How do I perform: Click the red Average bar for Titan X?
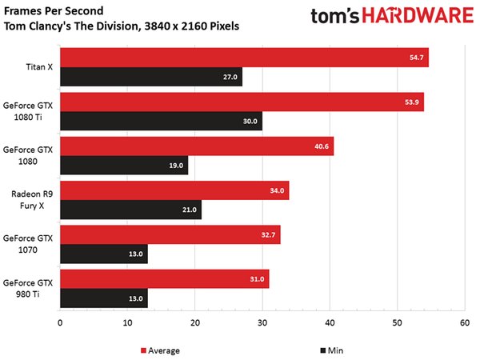[244, 58]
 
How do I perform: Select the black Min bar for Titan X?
[151, 78]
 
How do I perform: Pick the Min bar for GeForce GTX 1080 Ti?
[161, 122]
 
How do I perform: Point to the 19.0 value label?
[176, 166]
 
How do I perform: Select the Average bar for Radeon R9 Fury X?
[174, 190]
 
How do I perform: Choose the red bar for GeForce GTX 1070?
[170, 234]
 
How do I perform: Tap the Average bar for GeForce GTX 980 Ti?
[164, 278]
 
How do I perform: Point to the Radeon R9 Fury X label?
[32, 200]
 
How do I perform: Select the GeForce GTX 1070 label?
[27, 244]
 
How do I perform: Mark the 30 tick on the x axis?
[262, 324]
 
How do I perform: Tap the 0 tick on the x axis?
[60, 324]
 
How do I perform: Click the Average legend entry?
[159, 350]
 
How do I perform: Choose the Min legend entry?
[327, 350]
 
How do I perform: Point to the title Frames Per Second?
[55, 10]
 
